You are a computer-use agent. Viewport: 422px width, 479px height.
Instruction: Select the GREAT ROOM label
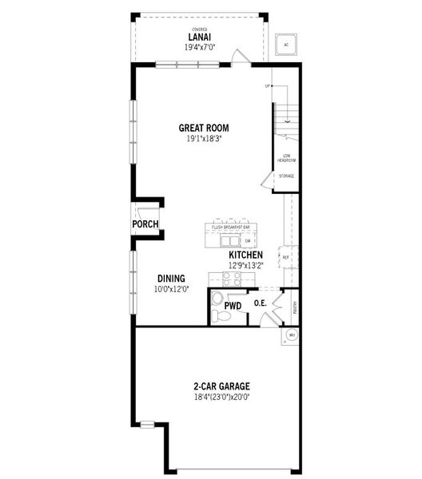coord(205,128)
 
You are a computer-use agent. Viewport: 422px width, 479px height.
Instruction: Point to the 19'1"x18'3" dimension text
coord(204,139)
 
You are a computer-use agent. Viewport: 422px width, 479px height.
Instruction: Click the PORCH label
coord(145,224)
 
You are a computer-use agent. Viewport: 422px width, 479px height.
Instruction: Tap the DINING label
coord(171,279)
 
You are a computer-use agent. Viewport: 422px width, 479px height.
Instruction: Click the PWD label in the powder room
coord(233,306)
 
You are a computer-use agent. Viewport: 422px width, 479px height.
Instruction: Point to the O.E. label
coord(260,303)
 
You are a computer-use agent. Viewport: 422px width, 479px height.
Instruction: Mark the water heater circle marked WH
coord(292,335)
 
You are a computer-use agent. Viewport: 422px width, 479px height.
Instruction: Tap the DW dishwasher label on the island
coord(248,240)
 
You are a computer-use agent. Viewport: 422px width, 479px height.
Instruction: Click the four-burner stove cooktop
coord(232,279)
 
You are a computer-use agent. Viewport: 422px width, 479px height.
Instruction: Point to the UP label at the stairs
coord(268,86)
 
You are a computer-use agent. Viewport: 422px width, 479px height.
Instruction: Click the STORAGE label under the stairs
coord(286,176)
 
